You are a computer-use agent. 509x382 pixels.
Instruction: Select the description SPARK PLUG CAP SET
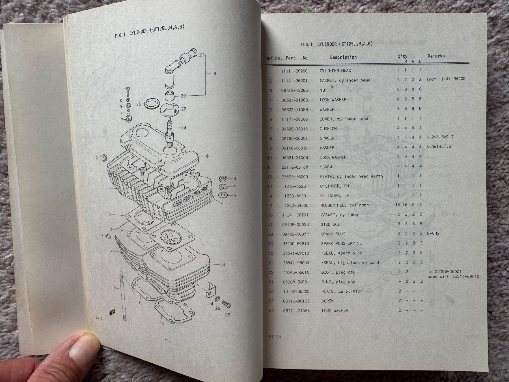click(x=342, y=243)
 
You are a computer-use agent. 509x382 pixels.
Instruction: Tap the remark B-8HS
click(x=433, y=233)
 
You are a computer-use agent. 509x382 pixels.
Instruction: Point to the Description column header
click(x=343, y=57)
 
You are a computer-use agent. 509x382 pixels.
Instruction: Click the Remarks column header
click(x=436, y=56)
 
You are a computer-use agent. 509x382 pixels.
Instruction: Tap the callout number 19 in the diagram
click(x=213, y=74)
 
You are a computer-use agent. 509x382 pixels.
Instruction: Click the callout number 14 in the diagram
click(x=222, y=265)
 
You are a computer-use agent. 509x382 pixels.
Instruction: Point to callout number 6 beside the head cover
click(x=207, y=156)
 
